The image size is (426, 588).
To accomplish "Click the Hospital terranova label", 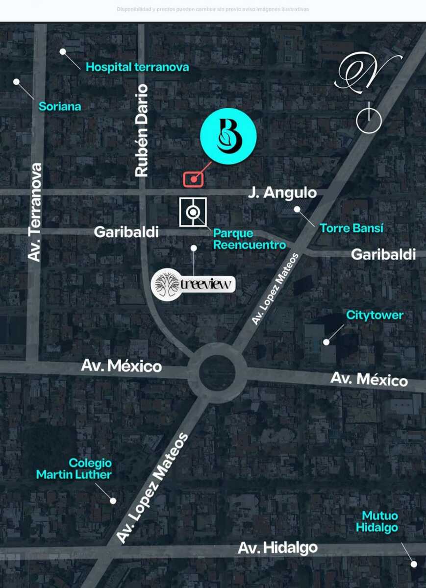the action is point(137,67).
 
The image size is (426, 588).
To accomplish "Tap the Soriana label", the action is point(60,106).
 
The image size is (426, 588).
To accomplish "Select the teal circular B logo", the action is point(228,137).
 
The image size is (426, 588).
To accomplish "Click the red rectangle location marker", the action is point(194,179).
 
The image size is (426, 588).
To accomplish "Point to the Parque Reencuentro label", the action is point(250,239).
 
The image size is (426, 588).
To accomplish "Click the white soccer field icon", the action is point(193,212).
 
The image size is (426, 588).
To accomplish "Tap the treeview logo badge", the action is point(193,284).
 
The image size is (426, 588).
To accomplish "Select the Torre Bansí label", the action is point(351,228).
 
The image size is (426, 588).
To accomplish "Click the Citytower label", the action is point(375,315).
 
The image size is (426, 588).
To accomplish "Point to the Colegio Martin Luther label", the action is point(74,468).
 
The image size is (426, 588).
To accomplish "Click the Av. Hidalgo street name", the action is point(277,547).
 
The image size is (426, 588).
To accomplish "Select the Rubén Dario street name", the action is point(141,130).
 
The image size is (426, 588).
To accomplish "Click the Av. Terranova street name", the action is point(35,212).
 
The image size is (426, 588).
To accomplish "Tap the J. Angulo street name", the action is point(282,193).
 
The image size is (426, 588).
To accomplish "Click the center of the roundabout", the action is point(217,373).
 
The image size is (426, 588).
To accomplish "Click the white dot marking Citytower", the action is point(326,342).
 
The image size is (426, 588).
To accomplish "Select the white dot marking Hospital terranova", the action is point(63,51).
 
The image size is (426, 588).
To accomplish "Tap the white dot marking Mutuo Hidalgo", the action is point(414,564).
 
